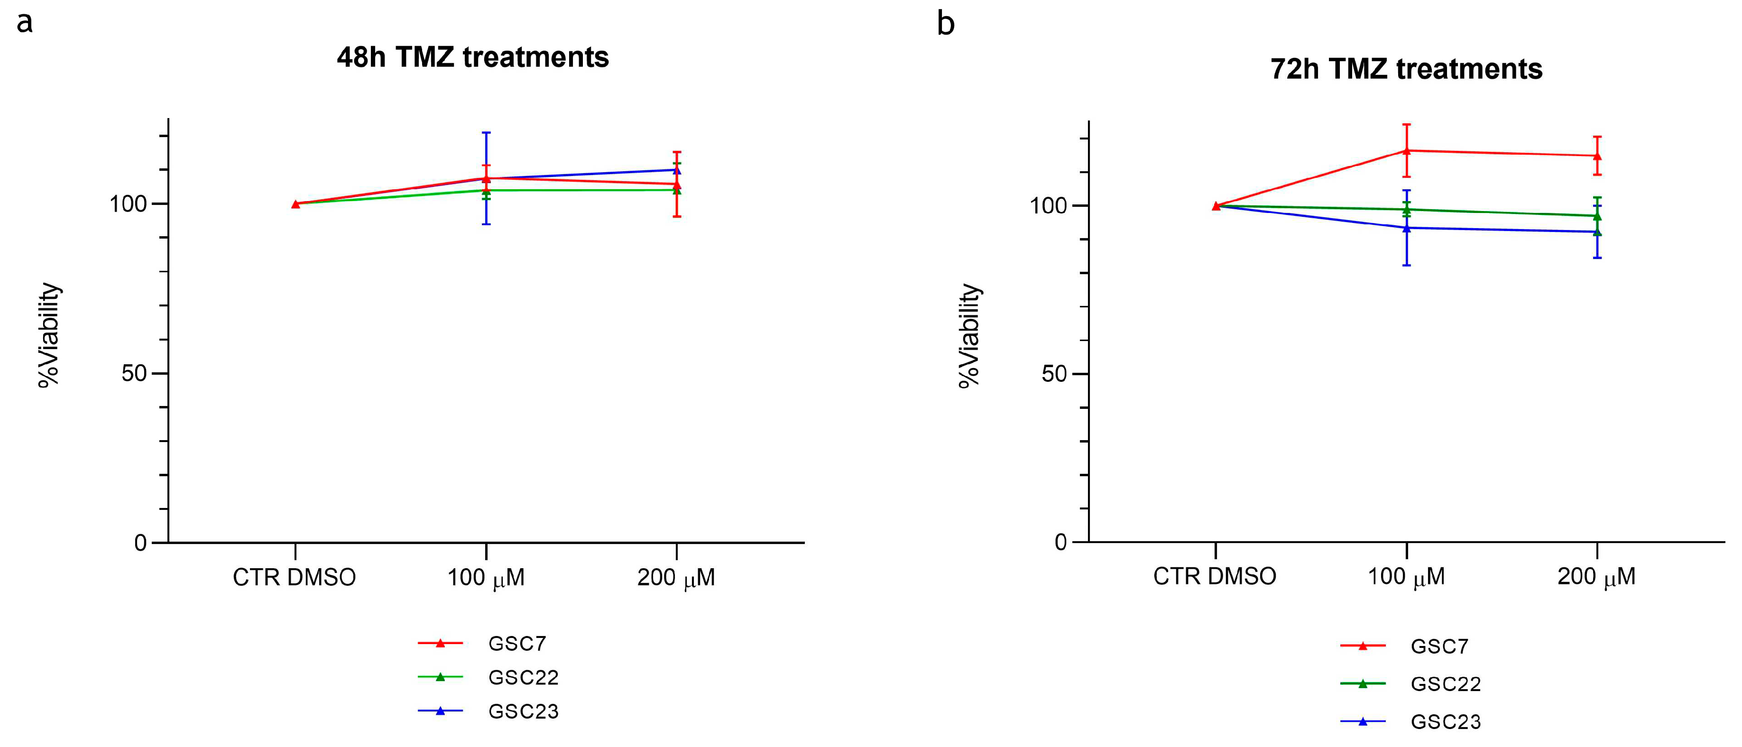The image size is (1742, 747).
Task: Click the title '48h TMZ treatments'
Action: pyautogui.click(x=473, y=57)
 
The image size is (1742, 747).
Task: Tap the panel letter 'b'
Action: pyautogui.click(x=945, y=24)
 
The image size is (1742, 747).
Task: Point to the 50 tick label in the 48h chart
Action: pyautogui.click(x=134, y=373)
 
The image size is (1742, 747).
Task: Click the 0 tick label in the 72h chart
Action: pyautogui.click(x=1060, y=542)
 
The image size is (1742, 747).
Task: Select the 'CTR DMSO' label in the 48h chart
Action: pyautogui.click(x=294, y=577)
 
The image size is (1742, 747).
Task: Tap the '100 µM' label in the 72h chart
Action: pyautogui.click(x=1406, y=577)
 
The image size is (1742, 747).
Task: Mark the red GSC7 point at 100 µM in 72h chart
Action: pyautogui.click(x=1407, y=150)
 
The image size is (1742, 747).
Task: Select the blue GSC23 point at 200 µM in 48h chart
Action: pyautogui.click(x=677, y=170)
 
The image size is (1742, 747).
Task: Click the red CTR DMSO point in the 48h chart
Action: pyautogui.click(x=295, y=203)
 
